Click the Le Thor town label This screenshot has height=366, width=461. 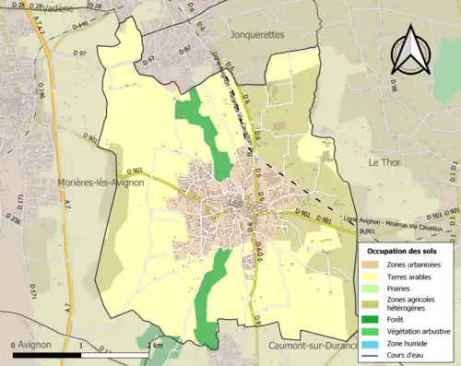point(387,161)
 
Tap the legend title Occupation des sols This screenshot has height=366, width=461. point(405,251)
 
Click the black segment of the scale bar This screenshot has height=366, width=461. point(47,354)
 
